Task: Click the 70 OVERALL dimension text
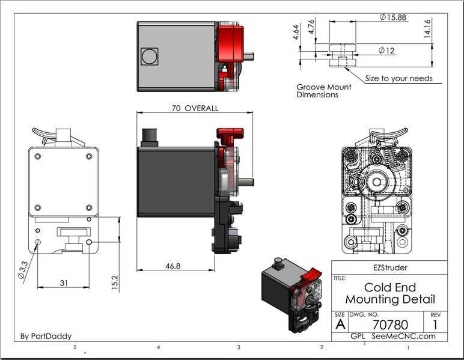(195, 109)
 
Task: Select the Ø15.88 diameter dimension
(394, 17)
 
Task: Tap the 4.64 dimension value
(296, 31)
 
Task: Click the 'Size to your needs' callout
(398, 78)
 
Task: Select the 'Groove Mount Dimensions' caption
(324, 91)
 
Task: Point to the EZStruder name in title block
(389, 267)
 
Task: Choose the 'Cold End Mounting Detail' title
(389, 293)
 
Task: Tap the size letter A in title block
(340, 325)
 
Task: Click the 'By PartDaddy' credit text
(46, 336)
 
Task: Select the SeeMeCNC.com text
(403, 336)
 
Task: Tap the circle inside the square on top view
(147, 56)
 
